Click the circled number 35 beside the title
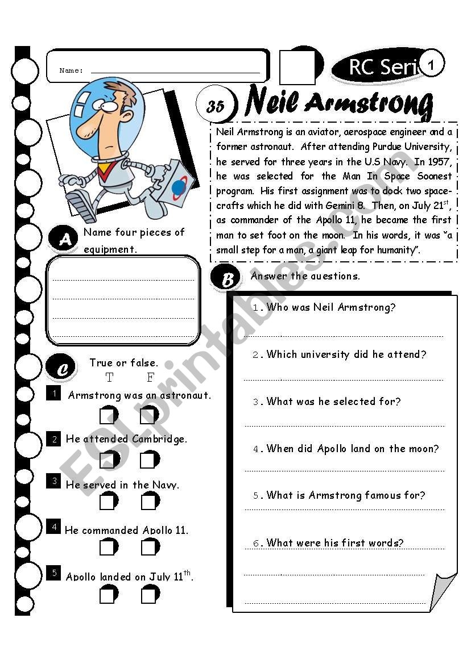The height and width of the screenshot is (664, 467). [x=214, y=105]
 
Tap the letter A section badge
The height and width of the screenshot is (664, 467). [x=64, y=239]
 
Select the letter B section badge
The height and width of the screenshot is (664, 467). [x=227, y=279]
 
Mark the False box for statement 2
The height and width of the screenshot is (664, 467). [x=149, y=459]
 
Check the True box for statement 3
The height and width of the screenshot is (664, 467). [x=108, y=502]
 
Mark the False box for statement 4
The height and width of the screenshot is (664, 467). [x=150, y=547]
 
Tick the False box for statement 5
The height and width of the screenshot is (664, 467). [x=150, y=595]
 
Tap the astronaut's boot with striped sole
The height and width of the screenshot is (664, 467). [x=81, y=207]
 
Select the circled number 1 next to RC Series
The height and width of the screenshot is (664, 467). [x=432, y=65]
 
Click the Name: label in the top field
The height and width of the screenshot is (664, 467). [x=71, y=71]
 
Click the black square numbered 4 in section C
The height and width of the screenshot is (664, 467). [x=54, y=526]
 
